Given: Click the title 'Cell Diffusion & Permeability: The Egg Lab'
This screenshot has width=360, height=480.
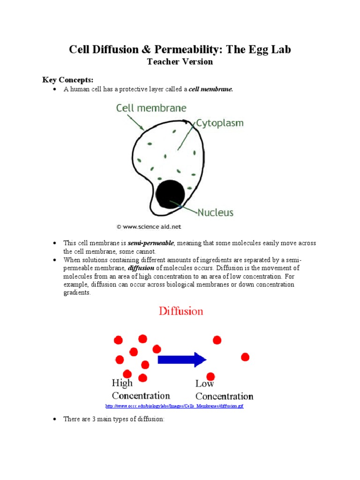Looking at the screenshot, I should (x=180, y=50).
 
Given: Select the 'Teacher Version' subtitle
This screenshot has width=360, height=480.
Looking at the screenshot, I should (x=180, y=61).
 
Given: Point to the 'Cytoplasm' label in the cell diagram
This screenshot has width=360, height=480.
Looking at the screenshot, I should (x=219, y=123).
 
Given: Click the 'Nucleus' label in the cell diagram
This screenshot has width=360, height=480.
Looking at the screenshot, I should (x=215, y=212).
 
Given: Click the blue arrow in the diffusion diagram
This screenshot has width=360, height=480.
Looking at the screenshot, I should (x=182, y=360).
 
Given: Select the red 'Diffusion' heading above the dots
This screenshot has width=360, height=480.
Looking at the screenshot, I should (x=181, y=311).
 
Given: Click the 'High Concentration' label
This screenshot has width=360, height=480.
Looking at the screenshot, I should (x=141, y=390).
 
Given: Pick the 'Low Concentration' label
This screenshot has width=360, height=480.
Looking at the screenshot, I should (x=224, y=390).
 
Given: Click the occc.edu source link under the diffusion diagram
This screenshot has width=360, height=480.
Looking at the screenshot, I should (x=174, y=406).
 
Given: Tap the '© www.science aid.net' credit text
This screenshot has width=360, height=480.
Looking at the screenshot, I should (x=149, y=226).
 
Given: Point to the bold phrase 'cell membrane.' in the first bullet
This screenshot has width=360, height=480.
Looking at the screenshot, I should (x=210, y=89).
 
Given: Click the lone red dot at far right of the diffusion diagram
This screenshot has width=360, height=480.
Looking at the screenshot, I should (x=245, y=357).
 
